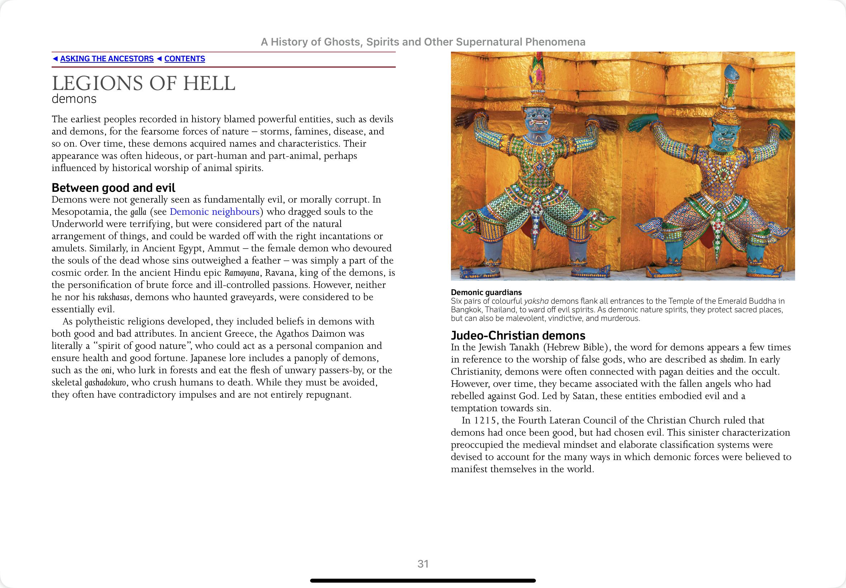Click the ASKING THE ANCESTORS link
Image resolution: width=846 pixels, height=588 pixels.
point(107,59)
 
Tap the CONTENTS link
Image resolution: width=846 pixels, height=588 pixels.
point(185,59)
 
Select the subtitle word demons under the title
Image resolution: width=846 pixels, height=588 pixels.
point(74,99)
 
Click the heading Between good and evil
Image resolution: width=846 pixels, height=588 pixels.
point(113,188)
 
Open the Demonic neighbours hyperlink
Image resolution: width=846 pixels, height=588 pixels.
point(215,212)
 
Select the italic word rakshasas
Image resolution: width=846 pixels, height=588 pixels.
point(113,297)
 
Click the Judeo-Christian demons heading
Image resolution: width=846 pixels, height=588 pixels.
point(518,336)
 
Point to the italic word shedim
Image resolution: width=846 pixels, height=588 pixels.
point(731,360)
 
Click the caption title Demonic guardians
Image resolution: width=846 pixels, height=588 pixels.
point(486,293)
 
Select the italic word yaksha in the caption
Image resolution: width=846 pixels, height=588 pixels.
point(536,301)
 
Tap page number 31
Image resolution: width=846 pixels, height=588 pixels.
point(423,564)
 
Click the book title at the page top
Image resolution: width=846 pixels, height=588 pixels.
point(423,42)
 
